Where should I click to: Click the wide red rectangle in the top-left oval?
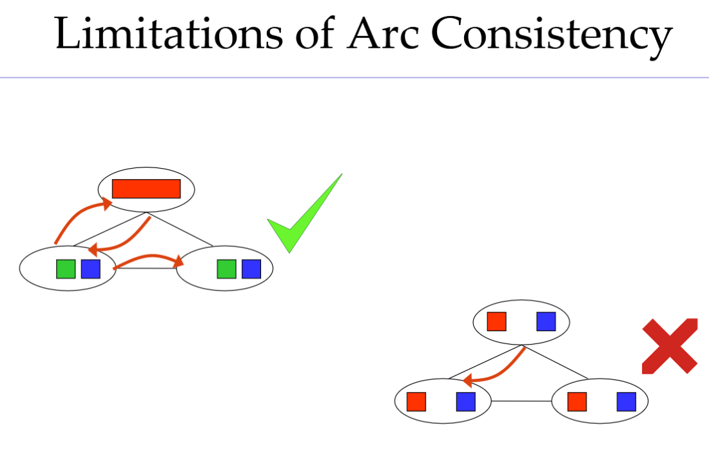(146, 189)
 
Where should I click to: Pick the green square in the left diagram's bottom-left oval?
(66, 269)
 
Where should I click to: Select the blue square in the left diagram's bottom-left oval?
(90, 269)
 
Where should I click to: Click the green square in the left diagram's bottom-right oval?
(226, 269)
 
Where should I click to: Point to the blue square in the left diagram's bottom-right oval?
(251, 269)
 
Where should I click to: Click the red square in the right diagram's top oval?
(496, 321)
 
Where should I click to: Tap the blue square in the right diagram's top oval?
(546, 321)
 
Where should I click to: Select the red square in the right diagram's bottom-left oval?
(416, 401)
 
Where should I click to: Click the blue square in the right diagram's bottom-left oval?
(465, 401)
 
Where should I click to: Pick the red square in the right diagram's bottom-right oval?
(577, 401)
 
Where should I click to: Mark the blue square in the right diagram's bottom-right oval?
(626, 401)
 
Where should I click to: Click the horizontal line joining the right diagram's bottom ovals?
(521, 401)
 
